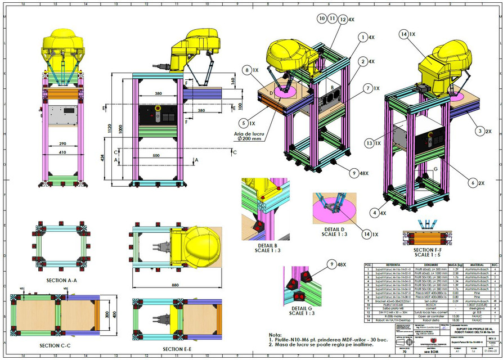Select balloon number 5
point(243,122)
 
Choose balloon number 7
point(367,88)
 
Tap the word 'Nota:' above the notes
point(276,334)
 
